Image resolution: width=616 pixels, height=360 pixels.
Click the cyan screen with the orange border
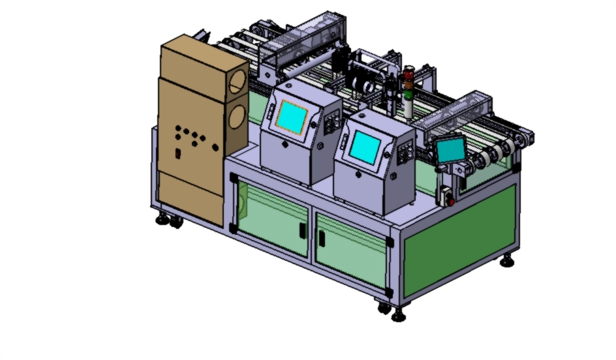(292, 117)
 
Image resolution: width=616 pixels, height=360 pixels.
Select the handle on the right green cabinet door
(322, 239)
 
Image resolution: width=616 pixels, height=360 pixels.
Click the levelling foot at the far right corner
(507, 262)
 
